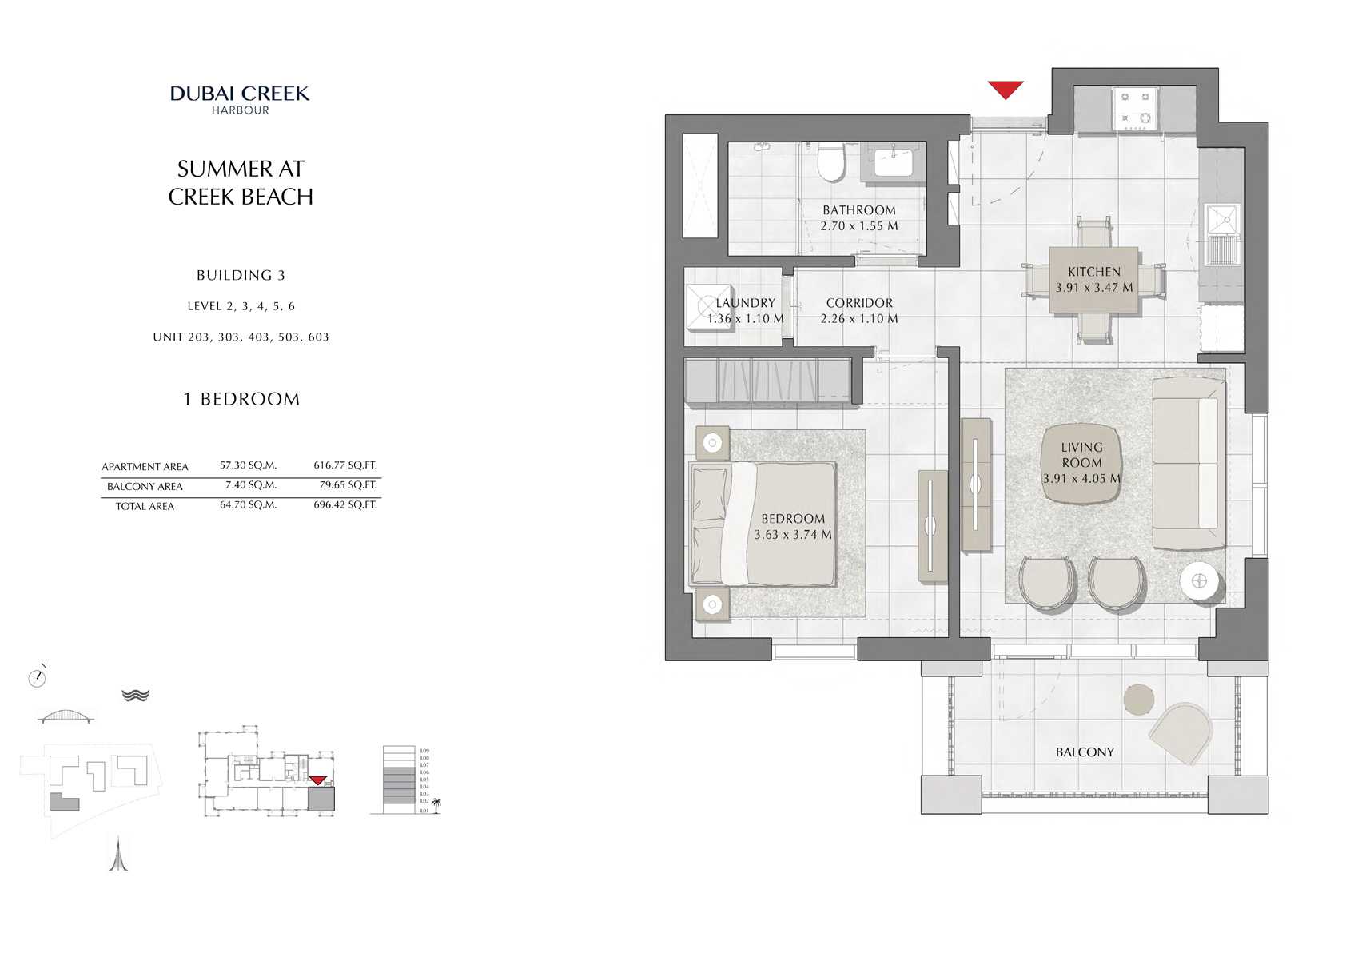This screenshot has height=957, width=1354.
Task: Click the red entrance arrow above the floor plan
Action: coord(1005,89)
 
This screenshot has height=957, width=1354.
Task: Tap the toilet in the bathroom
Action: coord(831,163)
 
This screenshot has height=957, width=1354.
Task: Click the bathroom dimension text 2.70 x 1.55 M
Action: coord(859,226)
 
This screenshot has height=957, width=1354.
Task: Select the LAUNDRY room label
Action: coord(745,303)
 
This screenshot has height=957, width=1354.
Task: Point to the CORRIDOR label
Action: coord(859,303)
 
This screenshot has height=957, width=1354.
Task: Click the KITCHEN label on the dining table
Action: coord(1094,272)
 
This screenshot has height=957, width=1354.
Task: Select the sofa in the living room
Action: coord(1189,464)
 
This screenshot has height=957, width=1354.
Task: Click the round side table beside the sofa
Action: coord(1199,581)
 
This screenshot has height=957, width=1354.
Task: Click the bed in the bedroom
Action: coord(763,524)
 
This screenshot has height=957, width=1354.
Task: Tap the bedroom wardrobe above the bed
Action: coord(767,381)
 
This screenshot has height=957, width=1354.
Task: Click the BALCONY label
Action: coord(1084,752)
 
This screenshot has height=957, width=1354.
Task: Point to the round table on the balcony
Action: coord(1138,700)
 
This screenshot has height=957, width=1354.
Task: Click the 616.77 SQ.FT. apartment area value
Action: coord(344,465)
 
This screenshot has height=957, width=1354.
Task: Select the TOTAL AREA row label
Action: coord(145,507)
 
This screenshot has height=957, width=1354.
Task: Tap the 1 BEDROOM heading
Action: coord(241,399)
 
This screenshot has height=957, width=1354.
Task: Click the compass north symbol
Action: coord(37,678)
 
